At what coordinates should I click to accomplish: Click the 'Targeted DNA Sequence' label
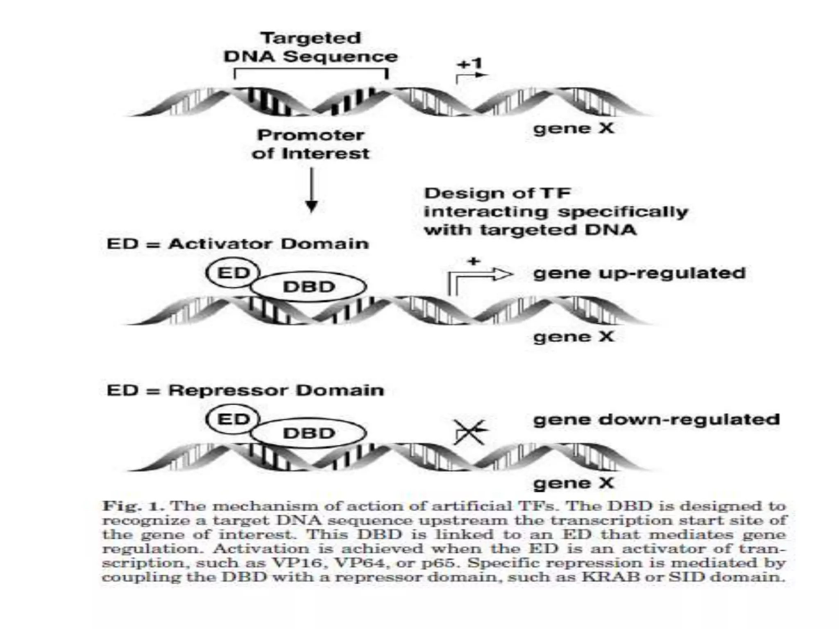click(311, 48)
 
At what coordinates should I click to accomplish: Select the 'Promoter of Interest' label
click(311, 144)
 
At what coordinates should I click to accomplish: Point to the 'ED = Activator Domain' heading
click(238, 244)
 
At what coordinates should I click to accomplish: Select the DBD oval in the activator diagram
click(309, 287)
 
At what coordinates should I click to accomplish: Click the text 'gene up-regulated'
click(639, 273)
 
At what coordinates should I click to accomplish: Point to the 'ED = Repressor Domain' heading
click(245, 390)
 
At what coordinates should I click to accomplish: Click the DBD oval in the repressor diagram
click(309, 433)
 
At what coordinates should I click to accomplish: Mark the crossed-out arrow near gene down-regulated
click(470, 432)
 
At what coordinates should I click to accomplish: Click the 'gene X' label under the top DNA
click(574, 129)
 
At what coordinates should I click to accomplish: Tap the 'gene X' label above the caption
click(574, 483)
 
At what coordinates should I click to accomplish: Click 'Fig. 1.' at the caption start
click(133, 506)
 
